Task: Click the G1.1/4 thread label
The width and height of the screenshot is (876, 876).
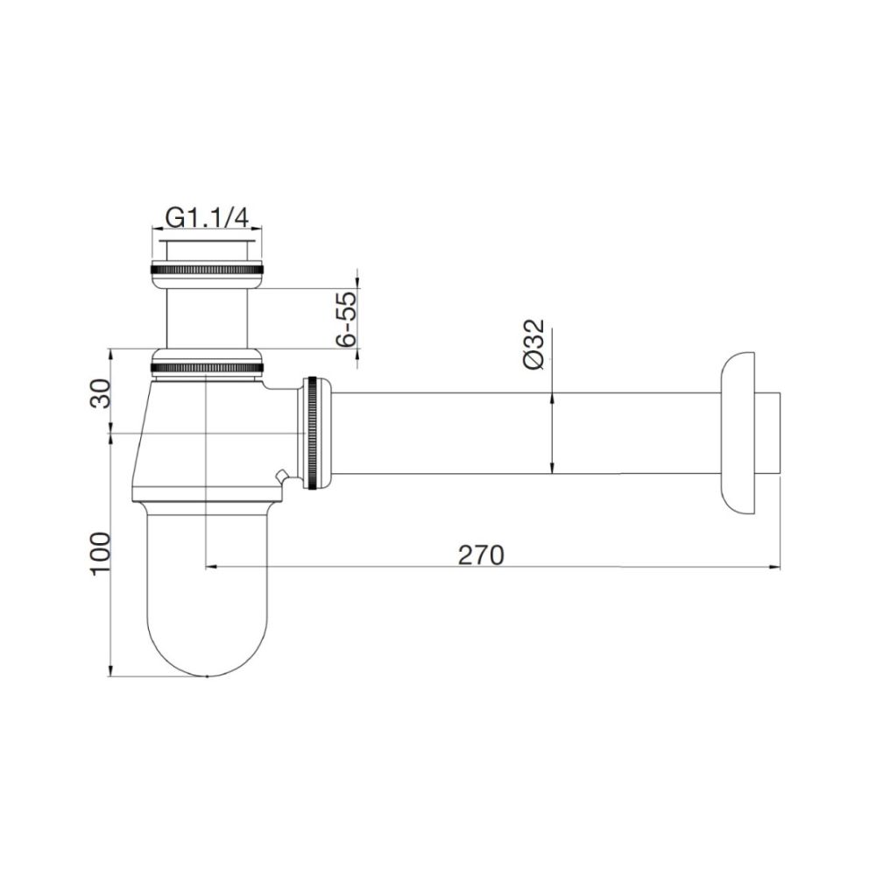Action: (207, 216)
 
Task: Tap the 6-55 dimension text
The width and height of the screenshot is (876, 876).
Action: (348, 319)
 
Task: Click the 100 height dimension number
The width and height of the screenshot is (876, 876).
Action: (99, 554)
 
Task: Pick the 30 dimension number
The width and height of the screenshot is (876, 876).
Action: (99, 393)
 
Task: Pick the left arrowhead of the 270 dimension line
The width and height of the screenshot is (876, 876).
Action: (210, 568)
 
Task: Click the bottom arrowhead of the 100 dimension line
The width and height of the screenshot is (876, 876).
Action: (110, 669)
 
